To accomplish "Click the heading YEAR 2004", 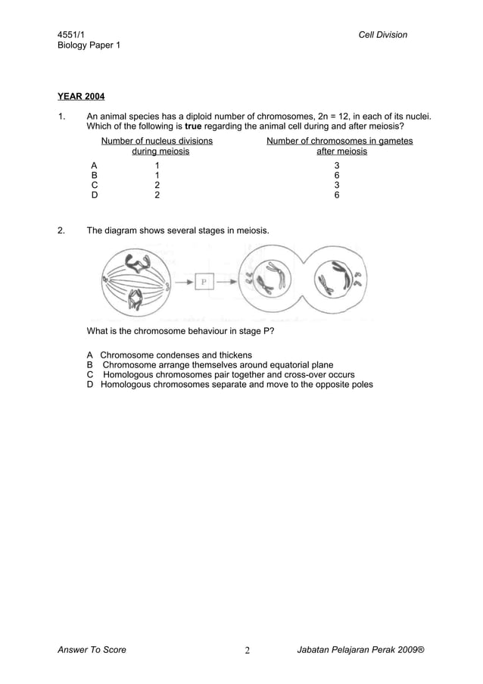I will pos(81,96).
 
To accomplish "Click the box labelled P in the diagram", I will pos(203,282).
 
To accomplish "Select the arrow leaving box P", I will pos(224,282).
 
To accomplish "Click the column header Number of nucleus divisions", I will pos(157,141).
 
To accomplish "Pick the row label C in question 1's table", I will pos(94,184).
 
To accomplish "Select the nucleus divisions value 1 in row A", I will pos(157,164).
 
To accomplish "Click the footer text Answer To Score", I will pos(92,649).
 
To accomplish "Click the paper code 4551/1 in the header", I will pos(72,35).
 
